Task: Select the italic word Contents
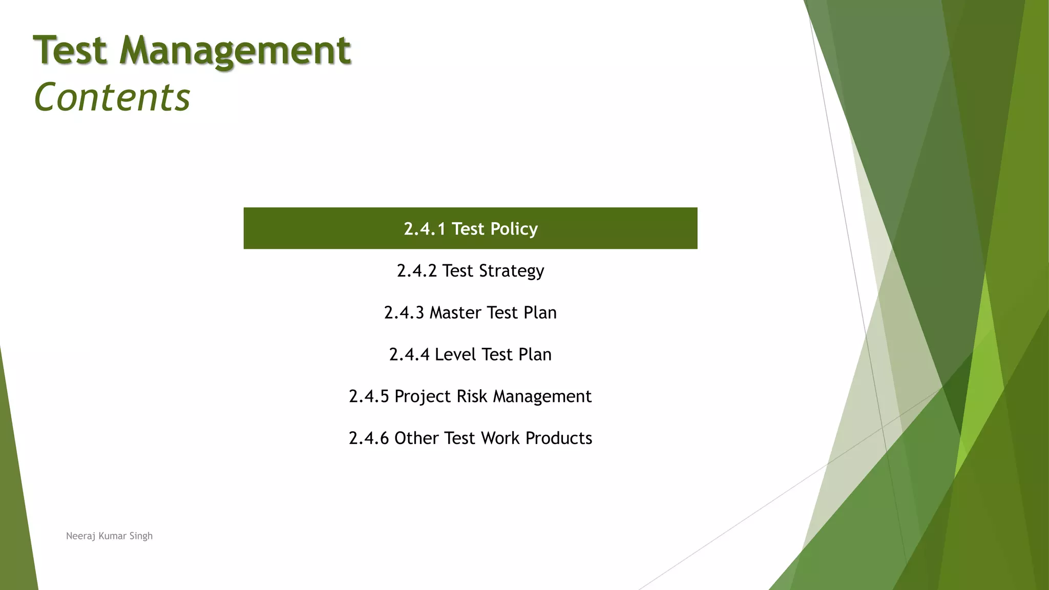112,97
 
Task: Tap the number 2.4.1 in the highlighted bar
425,229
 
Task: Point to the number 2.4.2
417,270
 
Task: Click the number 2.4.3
404,312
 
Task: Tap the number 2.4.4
409,354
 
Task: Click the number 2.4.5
369,396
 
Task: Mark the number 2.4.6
369,438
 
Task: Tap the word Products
559,438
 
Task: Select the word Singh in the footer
141,536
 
